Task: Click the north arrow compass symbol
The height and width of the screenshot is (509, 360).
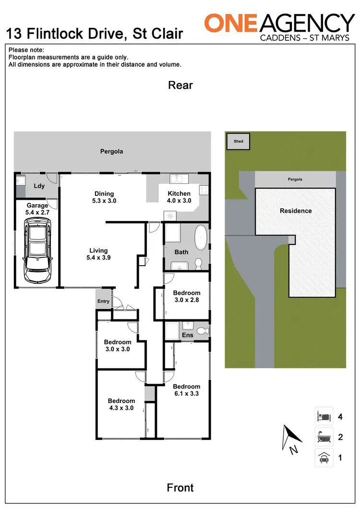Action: click(x=291, y=438)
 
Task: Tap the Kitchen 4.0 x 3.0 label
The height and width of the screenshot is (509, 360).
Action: click(x=179, y=197)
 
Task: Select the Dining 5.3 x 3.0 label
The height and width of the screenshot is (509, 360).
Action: click(x=104, y=197)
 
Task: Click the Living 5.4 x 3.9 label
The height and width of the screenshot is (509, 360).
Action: click(x=98, y=254)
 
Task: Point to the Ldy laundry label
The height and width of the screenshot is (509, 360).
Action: click(x=39, y=186)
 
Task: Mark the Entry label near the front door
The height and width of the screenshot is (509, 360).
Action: click(x=103, y=302)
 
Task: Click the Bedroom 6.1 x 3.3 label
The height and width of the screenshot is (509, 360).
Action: click(x=186, y=390)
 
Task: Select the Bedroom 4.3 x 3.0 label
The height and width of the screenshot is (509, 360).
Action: click(x=121, y=404)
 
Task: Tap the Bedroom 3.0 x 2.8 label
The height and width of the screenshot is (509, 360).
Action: click(x=186, y=296)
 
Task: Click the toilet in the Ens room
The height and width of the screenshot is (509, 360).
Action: click(x=203, y=330)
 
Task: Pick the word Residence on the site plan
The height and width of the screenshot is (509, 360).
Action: click(x=296, y=211)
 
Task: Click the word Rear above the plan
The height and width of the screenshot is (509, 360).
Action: click(x=180, y=85)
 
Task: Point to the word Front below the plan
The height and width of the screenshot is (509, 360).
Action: click(x=180, y=487)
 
